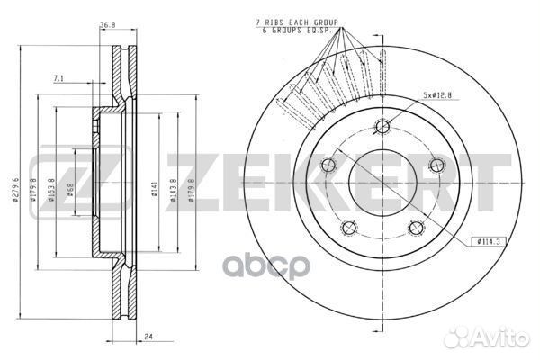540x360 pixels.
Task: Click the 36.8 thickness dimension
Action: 109,24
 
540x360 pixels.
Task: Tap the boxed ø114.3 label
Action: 488,241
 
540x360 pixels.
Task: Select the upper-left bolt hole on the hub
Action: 328,163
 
